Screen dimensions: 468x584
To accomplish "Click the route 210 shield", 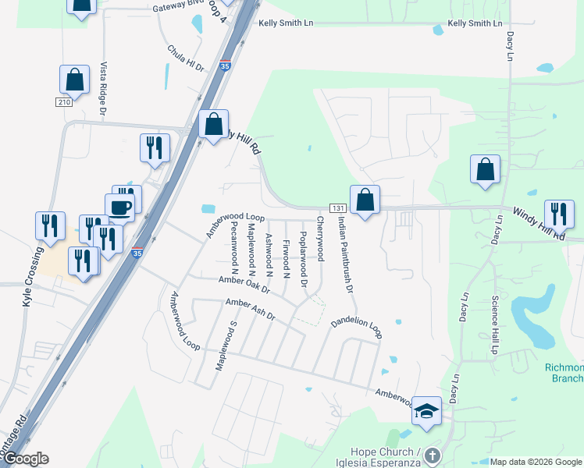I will pyautogui.click(x=64, y=102).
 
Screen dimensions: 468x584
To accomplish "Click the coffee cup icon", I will pyautogui.click(x=119, y=207).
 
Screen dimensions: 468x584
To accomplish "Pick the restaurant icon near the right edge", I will pyautogui.click(x=559, y=214).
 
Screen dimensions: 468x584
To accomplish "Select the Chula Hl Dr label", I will pyautogui.click(x=185, y=58).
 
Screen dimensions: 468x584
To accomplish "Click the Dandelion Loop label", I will pyautogui.click(x=356, y=327).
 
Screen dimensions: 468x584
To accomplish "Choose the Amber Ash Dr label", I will pyautogui.click(x=250, y=309).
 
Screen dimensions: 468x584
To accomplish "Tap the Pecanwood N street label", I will pyautogui.click(x=233, y=244).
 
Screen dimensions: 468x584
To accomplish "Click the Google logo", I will pyautogui.click(x=26, y=459).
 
